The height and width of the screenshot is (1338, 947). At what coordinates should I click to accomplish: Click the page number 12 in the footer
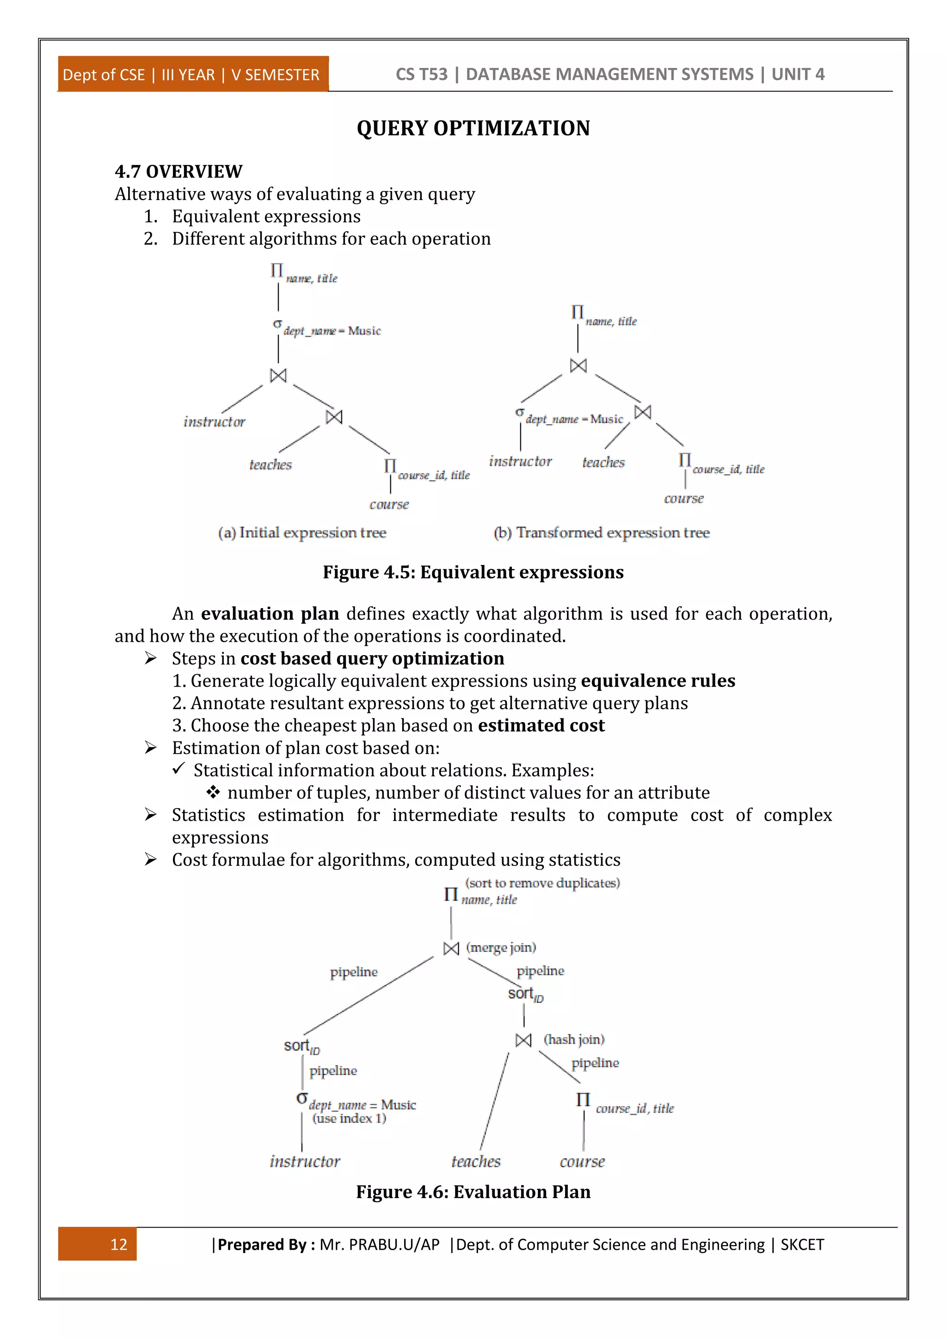click(118, 1244)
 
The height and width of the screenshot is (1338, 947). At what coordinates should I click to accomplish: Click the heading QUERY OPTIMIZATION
click(473, 128)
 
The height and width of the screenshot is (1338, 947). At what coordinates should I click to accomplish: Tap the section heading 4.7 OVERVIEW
click(178, 171)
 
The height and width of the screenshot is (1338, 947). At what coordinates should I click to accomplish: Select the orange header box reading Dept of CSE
click(192, 74)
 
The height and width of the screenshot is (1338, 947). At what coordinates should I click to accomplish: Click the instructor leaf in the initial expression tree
click(215, 422)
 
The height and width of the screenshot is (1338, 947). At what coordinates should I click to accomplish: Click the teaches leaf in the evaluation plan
click(476, 1162)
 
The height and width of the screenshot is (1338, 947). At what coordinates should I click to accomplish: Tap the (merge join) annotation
click(501, 948)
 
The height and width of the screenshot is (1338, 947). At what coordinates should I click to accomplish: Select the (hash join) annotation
click(574, 1040)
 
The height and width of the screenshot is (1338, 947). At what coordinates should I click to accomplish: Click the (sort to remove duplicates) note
click(542, 883)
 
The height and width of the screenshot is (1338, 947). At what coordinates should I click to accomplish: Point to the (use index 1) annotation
click(349, 1118)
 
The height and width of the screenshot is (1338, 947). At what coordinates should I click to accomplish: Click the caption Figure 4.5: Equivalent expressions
click(473, 572)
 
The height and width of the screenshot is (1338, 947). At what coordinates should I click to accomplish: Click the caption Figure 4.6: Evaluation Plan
click(473, 1192)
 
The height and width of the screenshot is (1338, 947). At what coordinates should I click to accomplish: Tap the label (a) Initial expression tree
click(302, 533)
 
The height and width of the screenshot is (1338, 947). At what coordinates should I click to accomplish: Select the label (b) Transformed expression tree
click(601, 533)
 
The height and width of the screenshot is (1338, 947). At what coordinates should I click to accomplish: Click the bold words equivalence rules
click(658, 681)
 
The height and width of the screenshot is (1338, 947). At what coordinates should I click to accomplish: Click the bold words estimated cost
click(541, 725)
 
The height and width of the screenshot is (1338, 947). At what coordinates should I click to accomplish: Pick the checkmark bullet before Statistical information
click(178, 769)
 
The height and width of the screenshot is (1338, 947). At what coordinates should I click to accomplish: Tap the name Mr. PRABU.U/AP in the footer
click(379, 1245)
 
